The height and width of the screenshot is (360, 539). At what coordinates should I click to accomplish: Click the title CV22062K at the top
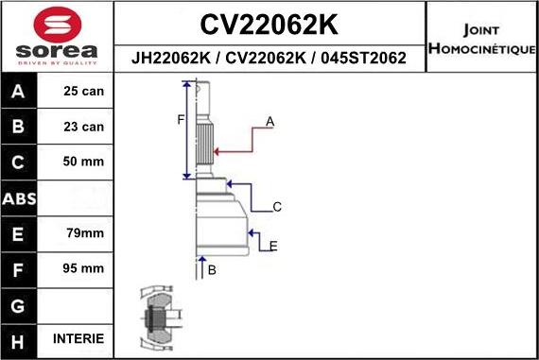pyautogui.click(x=270, y=23)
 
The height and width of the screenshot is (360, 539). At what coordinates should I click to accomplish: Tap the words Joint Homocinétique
pyautogui.click(x=481, y=39)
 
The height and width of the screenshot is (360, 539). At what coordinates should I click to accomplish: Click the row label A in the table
pyautogui.click(x=20, y=92)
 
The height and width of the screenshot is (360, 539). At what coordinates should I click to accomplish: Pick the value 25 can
pyautogui.click(x=83, y=92)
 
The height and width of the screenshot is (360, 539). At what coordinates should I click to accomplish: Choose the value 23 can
pyautogui.click(x=83, y=127)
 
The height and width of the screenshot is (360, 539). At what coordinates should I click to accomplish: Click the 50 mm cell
pyautogui.click(x=83, y=162)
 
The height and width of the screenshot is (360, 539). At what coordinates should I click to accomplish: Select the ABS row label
pyautogui.click(x=20, y=197)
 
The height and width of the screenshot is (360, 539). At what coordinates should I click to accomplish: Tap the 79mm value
pyautogui.click(x=83, y=232)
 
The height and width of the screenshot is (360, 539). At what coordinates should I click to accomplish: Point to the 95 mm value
pyautogui.click(x=83, y=268)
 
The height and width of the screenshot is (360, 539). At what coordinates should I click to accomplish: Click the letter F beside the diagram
pyautogui.click(x=180, y=119)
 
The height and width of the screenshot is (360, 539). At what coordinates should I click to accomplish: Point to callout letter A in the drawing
pyautogui.click(x=269, y=122)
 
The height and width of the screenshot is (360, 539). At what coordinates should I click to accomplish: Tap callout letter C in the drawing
pyautogui.click(x=277, y=206)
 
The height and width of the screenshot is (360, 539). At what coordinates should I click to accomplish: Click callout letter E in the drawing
pyautogui.click(x=272, y=246)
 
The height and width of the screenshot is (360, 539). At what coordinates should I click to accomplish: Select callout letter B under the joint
pyautogui.click(x=212, y=270)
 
